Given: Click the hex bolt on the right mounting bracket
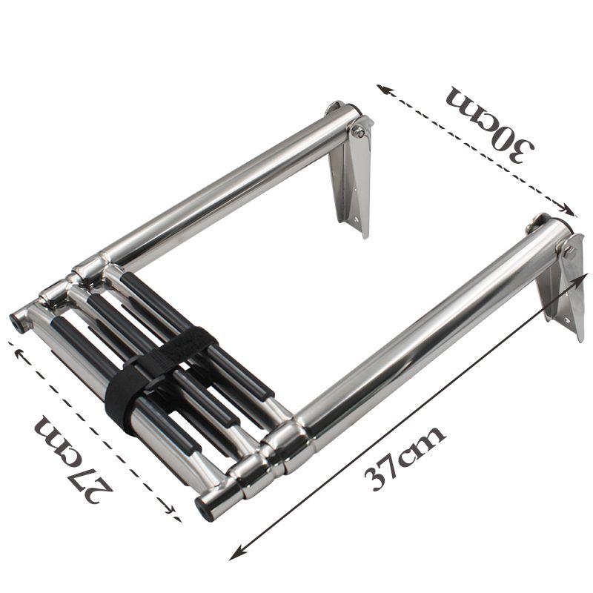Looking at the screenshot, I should pos(569,251).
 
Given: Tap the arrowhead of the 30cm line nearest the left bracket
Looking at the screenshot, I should pos(382,89).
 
